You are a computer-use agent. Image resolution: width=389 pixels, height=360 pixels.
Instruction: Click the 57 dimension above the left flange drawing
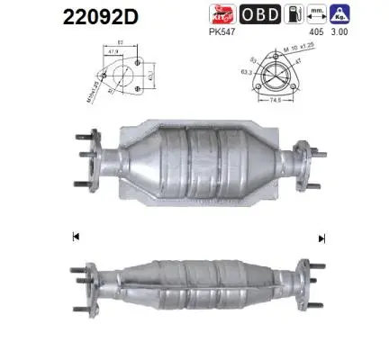pos(121,42)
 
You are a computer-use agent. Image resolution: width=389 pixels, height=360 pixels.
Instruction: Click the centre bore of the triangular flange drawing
pos(276,77)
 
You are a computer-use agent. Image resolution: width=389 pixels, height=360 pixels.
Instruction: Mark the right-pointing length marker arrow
pos(321,238)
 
